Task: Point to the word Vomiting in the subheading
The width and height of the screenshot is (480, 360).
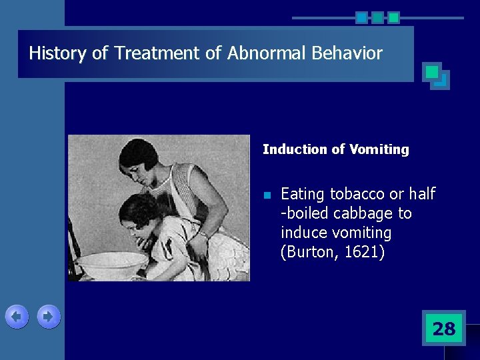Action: click(x=379, y=150)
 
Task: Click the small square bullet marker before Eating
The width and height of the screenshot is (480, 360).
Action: click(x=266, y=195)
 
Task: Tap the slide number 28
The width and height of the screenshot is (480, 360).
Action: click(x=444, y=329)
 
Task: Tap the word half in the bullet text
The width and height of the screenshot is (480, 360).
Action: click(x=422, y=194)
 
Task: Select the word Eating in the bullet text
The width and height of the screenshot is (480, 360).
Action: click(x=303, y=194)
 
